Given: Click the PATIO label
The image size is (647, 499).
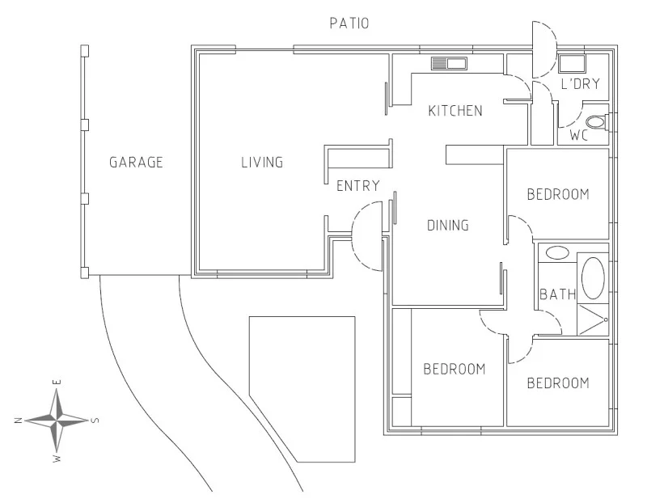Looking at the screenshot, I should (349, 23).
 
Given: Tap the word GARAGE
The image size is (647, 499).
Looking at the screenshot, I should (136, 163).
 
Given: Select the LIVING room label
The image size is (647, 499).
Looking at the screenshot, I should (262, 163).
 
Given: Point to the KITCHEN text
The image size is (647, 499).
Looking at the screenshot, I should (455, 111).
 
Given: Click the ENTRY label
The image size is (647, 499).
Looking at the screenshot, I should (357, 186).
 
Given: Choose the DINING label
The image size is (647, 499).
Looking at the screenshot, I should (447, 226).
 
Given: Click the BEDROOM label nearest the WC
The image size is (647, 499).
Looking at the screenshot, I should (557, 194).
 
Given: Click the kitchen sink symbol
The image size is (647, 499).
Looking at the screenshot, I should (449, 63).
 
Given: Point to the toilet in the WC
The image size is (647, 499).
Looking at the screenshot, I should (597, 123).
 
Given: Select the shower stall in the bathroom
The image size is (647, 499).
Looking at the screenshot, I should (592, 320).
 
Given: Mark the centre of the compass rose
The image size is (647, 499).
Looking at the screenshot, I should (57, 420).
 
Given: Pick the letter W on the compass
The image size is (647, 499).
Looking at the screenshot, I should (57, 459).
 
